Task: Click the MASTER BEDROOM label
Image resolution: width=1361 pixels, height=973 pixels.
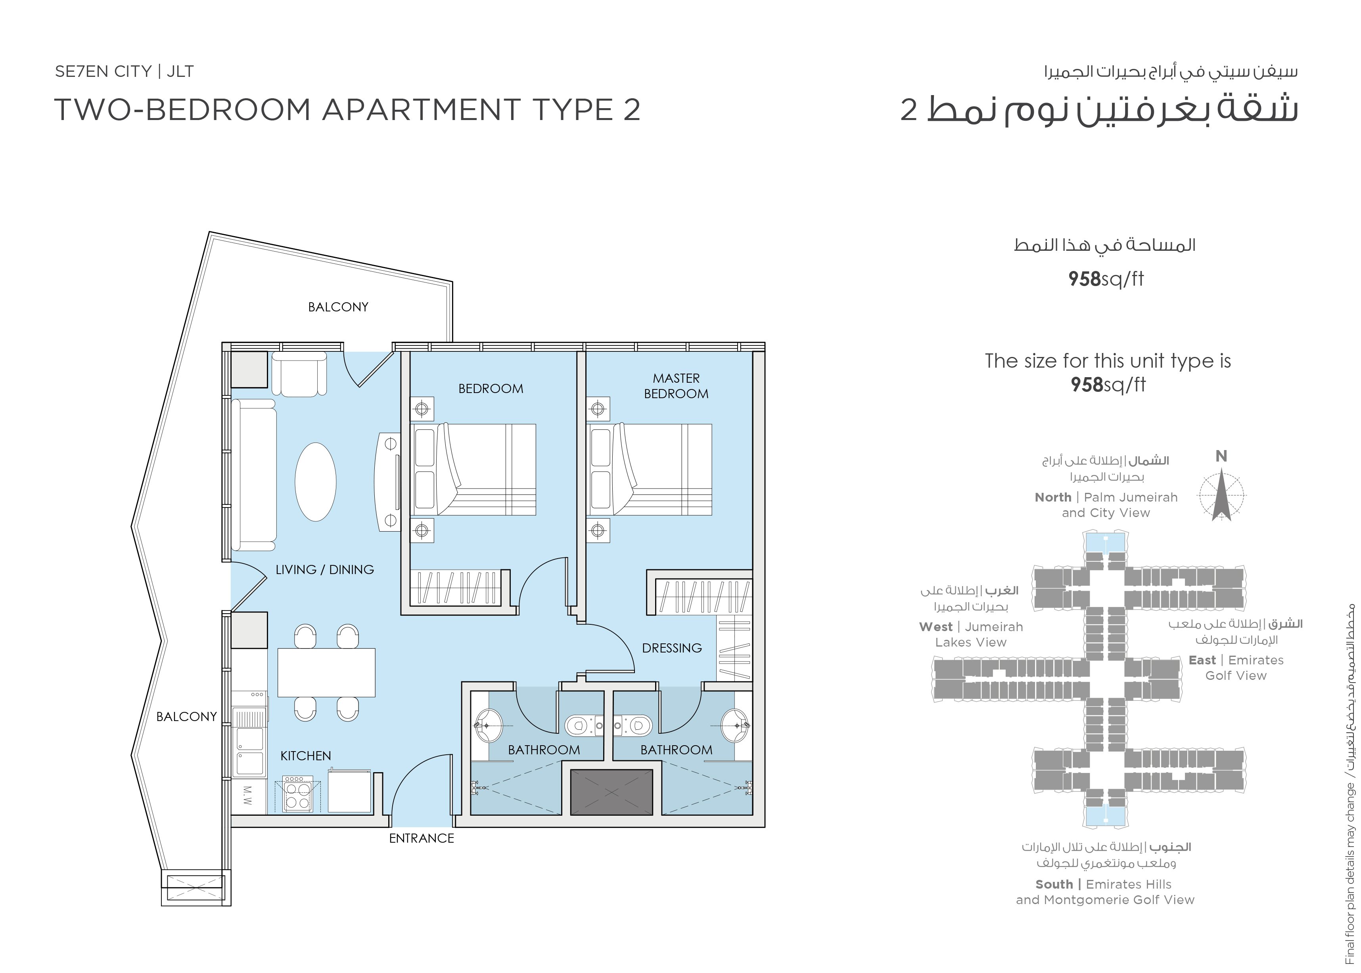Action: tap(676, 386)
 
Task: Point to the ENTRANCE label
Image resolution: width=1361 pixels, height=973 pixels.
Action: tap(422, 838)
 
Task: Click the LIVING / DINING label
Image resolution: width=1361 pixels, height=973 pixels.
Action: tap(324, 569)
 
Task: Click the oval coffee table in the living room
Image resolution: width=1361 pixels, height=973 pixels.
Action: tap(315, 482)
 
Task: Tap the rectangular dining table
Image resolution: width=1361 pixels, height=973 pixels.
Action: tap(326, 672)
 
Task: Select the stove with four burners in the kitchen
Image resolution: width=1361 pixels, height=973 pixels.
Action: tap(297, 794)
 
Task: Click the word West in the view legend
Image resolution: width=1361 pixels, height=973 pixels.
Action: tap(935, 627)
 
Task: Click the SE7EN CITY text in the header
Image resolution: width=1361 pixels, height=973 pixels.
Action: tap(103, 71)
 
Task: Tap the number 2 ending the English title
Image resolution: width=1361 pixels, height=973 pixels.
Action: tap(631, 110)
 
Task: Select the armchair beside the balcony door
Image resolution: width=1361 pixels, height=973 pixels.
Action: tap(299, 374)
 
